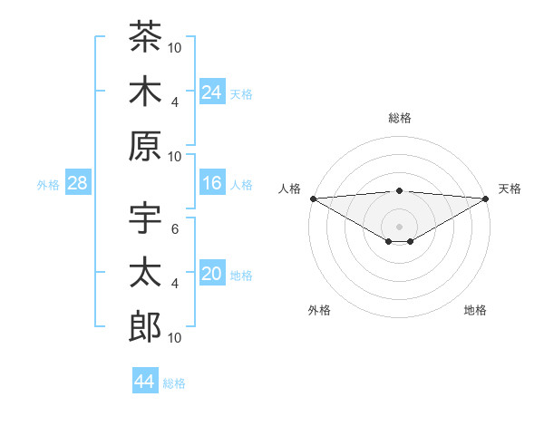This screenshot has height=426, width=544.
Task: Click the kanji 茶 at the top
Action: [145, 36]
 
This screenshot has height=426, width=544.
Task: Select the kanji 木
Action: [145, 91]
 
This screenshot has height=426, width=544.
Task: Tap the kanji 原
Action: [145, 146]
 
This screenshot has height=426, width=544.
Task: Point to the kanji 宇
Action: [145, 218]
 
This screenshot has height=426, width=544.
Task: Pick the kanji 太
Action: [145, 272]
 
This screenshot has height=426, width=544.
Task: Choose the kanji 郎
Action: [145, 326]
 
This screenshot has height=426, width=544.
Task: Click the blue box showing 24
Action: [212, 92]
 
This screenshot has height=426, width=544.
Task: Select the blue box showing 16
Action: [212, 182]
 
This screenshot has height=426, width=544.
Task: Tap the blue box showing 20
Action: [212, 272]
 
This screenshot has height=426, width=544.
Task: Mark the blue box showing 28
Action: [78, 182]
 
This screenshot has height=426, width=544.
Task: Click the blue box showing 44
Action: [145, 380]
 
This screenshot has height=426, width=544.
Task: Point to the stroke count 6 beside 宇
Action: [175, 229]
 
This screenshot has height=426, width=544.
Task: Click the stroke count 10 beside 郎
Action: [174, 338]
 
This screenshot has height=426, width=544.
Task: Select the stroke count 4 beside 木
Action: [175, 102]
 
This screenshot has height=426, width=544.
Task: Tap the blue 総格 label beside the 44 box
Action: [174, 383]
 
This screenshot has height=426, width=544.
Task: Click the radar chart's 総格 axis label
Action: [400, 118]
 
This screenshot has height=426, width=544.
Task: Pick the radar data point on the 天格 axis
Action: [486, 198]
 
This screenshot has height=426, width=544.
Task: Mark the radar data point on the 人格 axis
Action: [314, 198]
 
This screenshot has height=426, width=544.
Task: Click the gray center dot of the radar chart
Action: [399, 227]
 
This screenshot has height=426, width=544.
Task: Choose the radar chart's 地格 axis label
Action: [475, 310]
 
